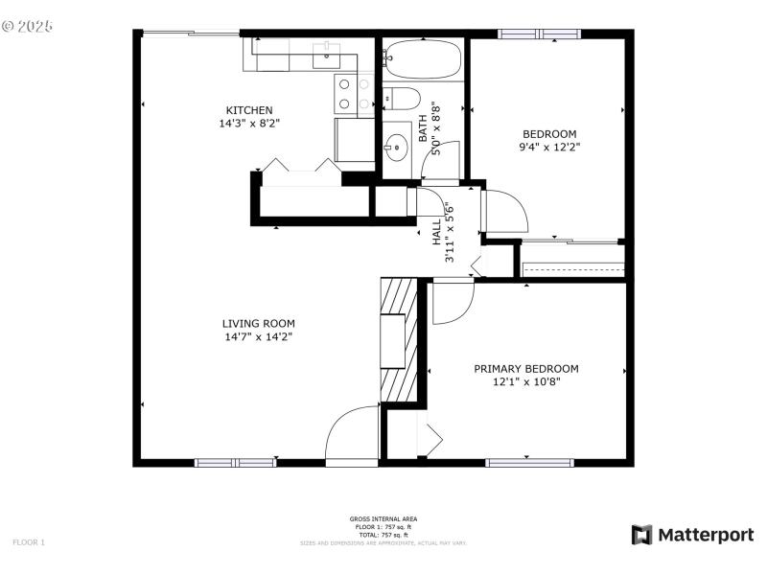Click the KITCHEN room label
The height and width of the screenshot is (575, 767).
tap(249, 109)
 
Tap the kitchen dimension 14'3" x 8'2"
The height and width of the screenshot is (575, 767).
tap(249, 123)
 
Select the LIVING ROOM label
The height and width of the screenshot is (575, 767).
tap(259, 323)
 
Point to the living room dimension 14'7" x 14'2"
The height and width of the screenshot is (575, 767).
tap(259, 336)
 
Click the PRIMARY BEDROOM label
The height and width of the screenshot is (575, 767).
tap(526, 368)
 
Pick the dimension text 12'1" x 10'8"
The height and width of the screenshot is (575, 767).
tap(526, 381)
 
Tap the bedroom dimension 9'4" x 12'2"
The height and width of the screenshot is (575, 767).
tap(549, 147)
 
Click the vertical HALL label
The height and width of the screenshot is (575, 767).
tap(436, 230)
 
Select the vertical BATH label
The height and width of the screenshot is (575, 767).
tap(423, 128)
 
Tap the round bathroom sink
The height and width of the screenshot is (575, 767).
tap(396, 148)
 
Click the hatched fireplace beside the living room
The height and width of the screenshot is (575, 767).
tap(400, 340)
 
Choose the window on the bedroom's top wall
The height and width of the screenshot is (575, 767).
tap(540, 34)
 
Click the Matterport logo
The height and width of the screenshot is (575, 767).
tap(692, 535)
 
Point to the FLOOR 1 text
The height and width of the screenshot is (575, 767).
tap(29, 542)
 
